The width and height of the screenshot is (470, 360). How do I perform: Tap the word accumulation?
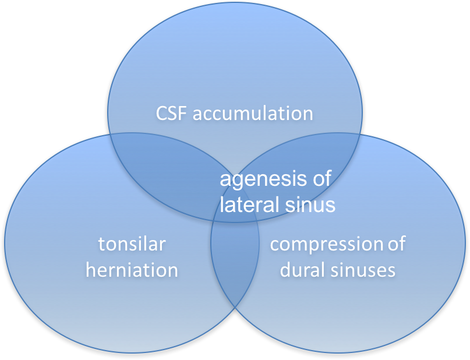[253, 113]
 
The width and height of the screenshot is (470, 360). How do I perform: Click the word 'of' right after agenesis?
[321, 179]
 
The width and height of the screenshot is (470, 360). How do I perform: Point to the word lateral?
[249, 204]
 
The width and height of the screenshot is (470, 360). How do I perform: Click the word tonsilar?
[132, 244]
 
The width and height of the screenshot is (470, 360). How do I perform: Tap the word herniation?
[132, 270]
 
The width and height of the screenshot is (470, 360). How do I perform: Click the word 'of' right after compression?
[396, 243]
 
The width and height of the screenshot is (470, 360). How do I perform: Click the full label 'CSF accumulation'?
[234, 113]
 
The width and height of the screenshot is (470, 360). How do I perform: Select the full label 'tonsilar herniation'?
[132, 257]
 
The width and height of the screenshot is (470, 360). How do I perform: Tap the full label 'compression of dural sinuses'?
[338, 257]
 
